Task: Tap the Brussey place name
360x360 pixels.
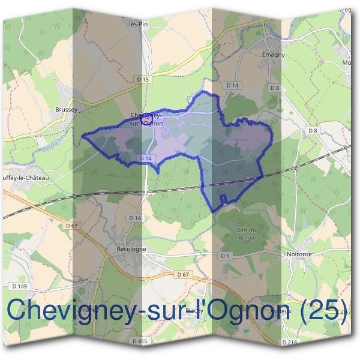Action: coord(66,110)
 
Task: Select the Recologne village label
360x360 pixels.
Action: coord(127,248)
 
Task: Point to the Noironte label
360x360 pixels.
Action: coord(298,254)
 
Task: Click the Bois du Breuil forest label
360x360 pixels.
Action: coord(246,233)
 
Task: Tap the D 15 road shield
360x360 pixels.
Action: coord(142,80)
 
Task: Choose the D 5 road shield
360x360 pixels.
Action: coord(225,256)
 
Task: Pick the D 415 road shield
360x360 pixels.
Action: coord(140,341)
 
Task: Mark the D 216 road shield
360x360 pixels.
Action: coord(289,341)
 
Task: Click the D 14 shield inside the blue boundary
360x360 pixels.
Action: coord(145,158)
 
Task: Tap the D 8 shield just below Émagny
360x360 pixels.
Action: coord(275,88)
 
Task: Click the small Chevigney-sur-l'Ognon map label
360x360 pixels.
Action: coord(146,119)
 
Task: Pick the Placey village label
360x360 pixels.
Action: coord(193,310)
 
